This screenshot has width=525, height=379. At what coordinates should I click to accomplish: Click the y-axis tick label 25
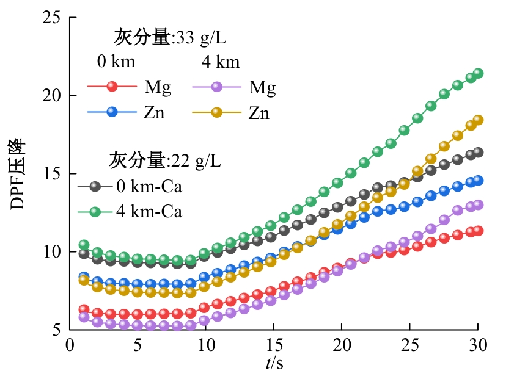tap(51, 17)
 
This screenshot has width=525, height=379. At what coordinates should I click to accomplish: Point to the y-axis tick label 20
tap(51, 95)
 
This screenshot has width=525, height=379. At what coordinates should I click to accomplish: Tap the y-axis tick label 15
tap(51, 173)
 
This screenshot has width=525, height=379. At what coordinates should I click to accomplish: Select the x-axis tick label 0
tap(70, 345)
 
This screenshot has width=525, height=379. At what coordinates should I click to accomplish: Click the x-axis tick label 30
tap(478, 345)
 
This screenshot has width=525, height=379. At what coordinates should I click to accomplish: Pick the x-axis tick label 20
tap(342, 345)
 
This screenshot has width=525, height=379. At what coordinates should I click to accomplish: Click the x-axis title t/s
tap(274, 363)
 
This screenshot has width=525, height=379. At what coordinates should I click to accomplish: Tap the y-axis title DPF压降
tap(18, 174)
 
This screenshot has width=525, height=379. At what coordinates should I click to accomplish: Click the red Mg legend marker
tap(112, 87)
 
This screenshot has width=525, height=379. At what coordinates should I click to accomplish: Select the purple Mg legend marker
tap(217, 87)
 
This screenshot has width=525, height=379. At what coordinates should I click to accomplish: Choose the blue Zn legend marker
tap(112, 112)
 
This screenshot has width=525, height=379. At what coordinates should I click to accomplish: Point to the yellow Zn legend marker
tap(217, 112)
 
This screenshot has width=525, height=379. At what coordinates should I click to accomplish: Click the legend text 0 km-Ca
tap(149, 187)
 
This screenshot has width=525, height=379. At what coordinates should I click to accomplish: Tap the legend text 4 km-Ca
tap(149, 212)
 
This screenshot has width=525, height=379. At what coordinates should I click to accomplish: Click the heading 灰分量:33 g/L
tap(170, 37)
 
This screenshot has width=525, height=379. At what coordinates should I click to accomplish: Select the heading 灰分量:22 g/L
tap(165, 161)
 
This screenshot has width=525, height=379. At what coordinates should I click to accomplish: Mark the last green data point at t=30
tap(479, 73)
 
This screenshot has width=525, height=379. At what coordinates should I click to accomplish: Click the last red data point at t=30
tap(479, 231)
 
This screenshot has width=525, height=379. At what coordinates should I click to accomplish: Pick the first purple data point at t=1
tap(84, 317)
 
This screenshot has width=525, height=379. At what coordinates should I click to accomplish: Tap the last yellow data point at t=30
tap(479, 120)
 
